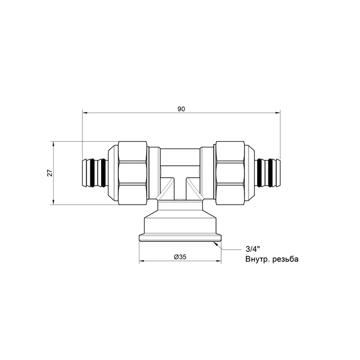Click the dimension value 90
182,109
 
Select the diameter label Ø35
180,257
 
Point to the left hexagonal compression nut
133,172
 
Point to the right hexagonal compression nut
230,172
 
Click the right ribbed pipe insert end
269,171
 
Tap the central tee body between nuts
180,171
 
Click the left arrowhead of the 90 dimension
85,113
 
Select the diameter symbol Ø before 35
175,257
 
